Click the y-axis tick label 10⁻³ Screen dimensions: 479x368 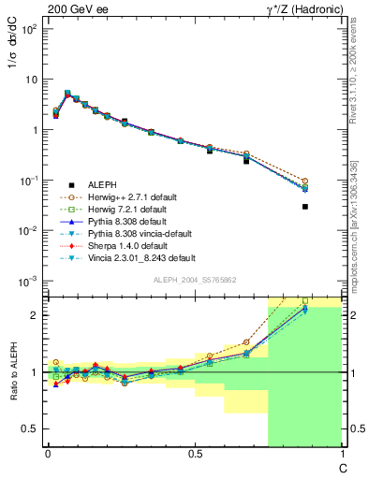(30, 281)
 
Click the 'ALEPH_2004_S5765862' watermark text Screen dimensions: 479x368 (194, 281)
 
